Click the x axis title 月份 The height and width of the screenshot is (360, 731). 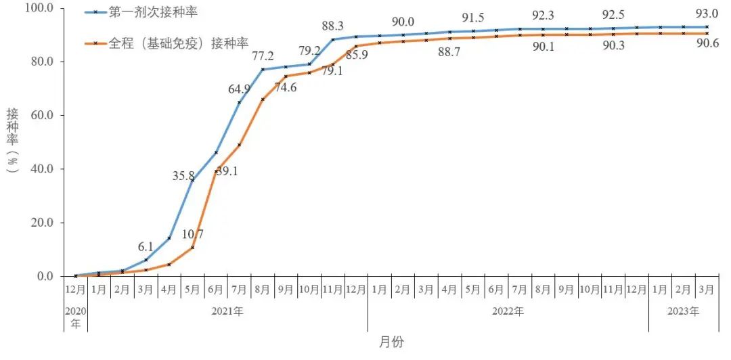[391, 342]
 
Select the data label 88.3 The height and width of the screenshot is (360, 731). [333, 26]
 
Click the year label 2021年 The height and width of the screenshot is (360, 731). [227, 311]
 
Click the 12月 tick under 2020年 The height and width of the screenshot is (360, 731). [75, 290]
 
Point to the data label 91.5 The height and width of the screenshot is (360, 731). [473, 18]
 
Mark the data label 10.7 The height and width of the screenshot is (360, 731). [192, 235]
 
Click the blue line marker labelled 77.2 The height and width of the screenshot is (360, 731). [263, 69]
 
